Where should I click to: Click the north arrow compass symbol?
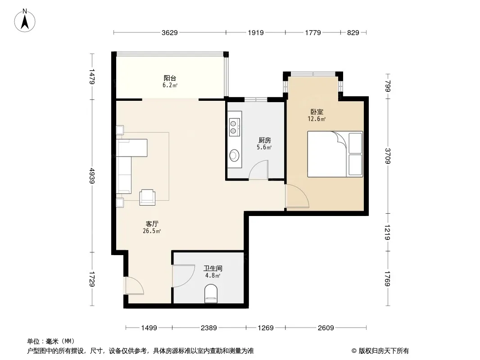25,21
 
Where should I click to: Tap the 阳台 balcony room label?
170,78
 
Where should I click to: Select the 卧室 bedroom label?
317,112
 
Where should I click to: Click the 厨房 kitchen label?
264,140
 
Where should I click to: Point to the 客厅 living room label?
152,224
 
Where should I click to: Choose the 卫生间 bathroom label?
213,269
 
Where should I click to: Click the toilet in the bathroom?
211,294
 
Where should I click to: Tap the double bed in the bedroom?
335,154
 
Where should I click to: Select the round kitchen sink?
234,155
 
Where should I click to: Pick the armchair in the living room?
147,197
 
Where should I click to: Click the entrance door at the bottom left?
134,286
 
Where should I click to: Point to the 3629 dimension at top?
170,33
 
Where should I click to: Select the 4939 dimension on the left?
92,175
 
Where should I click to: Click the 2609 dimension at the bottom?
326,328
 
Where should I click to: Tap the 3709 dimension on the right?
388,156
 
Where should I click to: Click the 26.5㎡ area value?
152,231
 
